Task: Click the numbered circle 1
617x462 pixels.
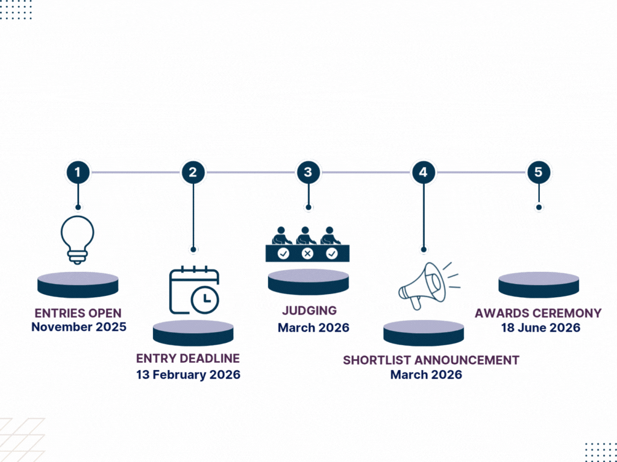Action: coord(77,173)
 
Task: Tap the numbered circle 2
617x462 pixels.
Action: coord(193,173)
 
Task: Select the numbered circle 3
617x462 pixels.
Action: coord(308,173)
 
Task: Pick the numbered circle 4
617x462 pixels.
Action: coord(423,173)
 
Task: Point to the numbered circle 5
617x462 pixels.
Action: coord(538,173)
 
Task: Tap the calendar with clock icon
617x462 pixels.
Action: coord(193,291)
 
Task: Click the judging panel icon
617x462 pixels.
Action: coord(308,243)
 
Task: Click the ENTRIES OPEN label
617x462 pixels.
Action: coord(78,313)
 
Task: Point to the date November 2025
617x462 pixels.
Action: coord(79,327)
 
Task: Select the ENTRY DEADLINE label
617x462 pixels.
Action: coord(188,359)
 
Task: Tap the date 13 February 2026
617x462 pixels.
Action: coord(188,374)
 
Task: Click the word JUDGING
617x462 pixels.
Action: coord(309,311)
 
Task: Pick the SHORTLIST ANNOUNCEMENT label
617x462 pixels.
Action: coord(431,360)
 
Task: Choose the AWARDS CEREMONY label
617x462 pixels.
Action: coord(538,313)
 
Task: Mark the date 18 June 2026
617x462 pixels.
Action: coord(540,328)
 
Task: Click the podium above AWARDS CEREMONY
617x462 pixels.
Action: coord(539,285)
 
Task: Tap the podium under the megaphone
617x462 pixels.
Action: coord(424,333)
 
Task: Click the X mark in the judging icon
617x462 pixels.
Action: coord(308,254)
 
